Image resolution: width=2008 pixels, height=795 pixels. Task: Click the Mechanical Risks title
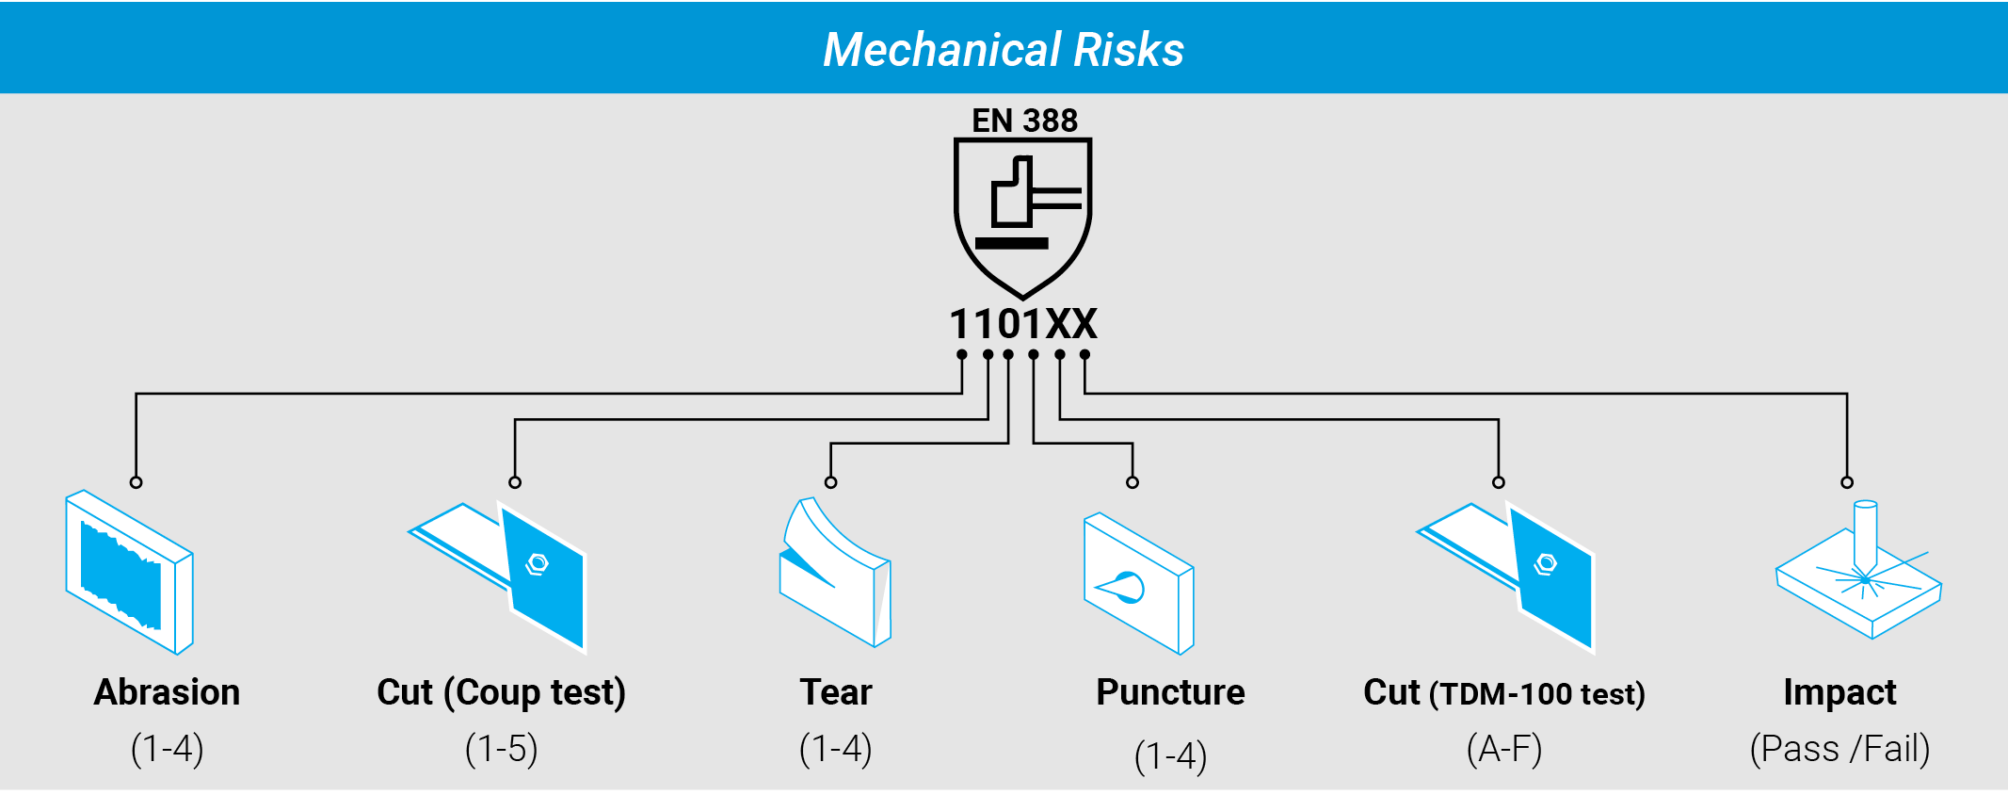[1004, 50]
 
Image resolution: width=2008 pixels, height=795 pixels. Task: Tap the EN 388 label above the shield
[1024, 121]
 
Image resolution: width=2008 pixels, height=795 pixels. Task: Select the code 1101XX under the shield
[1023, 324]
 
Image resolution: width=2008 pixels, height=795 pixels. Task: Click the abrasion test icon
[129, 572]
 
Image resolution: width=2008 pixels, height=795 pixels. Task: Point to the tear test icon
[835, 572]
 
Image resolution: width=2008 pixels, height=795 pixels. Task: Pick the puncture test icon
[1139, 583]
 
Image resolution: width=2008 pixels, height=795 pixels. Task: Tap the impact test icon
[1858, 570]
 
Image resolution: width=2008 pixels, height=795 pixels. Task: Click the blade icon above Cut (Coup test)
[498, 576]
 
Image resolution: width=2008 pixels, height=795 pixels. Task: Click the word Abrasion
[167, 692]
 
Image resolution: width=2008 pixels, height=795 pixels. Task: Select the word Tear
[836, 692]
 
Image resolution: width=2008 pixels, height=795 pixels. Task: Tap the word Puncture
[1170, 692]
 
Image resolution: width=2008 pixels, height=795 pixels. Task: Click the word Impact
[1839, 693]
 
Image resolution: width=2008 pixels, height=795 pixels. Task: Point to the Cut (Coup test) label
[501, 693]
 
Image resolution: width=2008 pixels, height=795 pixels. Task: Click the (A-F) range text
[1504, 750]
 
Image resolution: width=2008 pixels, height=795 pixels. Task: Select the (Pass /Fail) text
[1839, 750]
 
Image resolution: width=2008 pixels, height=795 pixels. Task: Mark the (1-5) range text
[501, 750]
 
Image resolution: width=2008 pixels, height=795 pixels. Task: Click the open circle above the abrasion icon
[137, 482]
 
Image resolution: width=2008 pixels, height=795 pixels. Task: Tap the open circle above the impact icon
[1847, 482]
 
